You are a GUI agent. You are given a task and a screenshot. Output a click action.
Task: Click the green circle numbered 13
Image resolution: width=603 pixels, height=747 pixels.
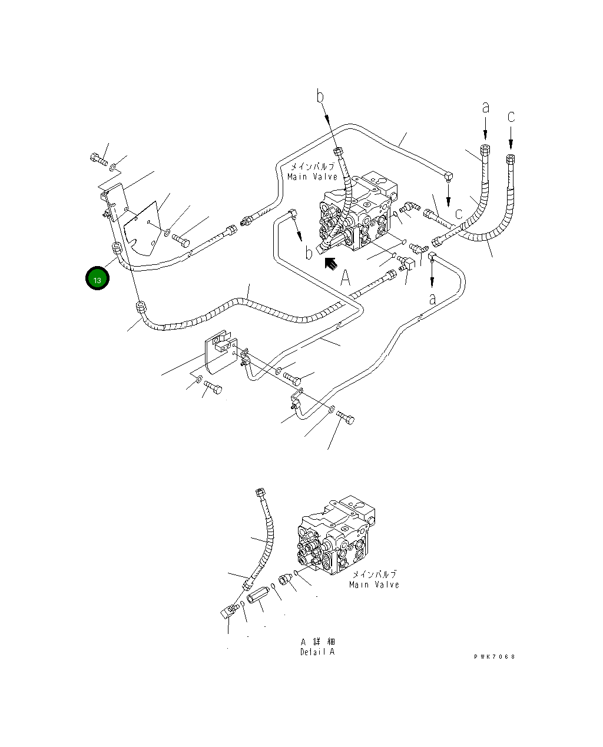point(97,278)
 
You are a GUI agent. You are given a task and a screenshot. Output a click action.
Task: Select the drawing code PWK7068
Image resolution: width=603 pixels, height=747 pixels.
point(494,657)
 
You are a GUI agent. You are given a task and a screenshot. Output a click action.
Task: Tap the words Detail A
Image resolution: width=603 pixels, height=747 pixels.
point(317,652)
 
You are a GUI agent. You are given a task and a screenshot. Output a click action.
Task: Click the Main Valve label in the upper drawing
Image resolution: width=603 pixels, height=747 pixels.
point(312,177)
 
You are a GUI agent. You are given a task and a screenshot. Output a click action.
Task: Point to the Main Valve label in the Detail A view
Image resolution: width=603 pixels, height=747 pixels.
point(374,585)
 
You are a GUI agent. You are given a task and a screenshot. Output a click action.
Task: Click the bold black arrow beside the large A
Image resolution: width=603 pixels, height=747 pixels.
point(331,264)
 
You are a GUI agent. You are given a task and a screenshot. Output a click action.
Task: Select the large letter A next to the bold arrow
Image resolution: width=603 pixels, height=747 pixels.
point(345,277)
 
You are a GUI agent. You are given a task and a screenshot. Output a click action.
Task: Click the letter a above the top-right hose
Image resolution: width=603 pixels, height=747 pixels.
point(486,108)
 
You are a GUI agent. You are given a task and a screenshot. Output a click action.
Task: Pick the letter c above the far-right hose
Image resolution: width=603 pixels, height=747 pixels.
point(511,117)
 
